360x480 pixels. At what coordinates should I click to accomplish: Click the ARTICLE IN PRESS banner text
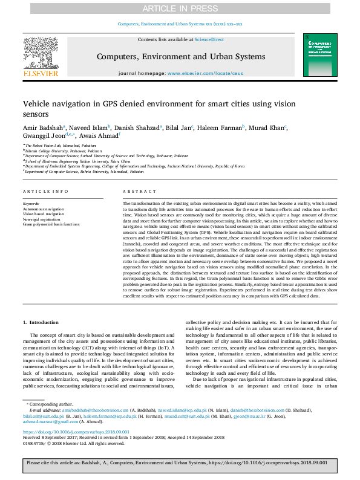pos(180,8)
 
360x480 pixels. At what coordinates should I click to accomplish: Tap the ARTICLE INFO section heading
pos(45,192)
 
